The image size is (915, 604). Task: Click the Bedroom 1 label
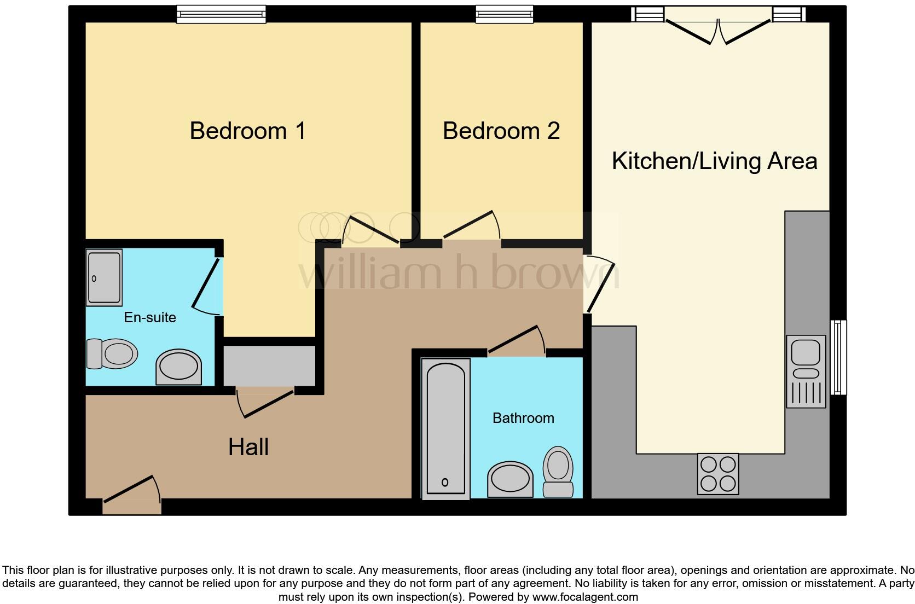point(247,131)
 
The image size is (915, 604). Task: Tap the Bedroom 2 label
point(501,131)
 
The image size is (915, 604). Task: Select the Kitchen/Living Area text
point(714,161)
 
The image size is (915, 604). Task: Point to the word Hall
point(248,447)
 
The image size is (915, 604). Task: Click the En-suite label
point(150,317)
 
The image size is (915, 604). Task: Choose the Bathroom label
point(523,418)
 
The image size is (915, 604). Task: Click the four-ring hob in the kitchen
point(718,473)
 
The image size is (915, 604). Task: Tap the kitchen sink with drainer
point(806,371)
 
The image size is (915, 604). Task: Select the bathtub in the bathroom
point(445,428)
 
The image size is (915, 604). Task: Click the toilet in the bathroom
point(558,471)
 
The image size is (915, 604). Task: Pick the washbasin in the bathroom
point(509,479)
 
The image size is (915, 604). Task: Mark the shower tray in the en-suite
point(104,277)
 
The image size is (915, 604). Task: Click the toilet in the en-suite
point(112,353)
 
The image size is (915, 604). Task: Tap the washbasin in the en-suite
point(178,367)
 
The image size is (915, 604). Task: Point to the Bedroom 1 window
point(221,14)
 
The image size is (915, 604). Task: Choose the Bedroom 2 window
point(504,14)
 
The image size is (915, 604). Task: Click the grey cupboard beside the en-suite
point(269,365)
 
